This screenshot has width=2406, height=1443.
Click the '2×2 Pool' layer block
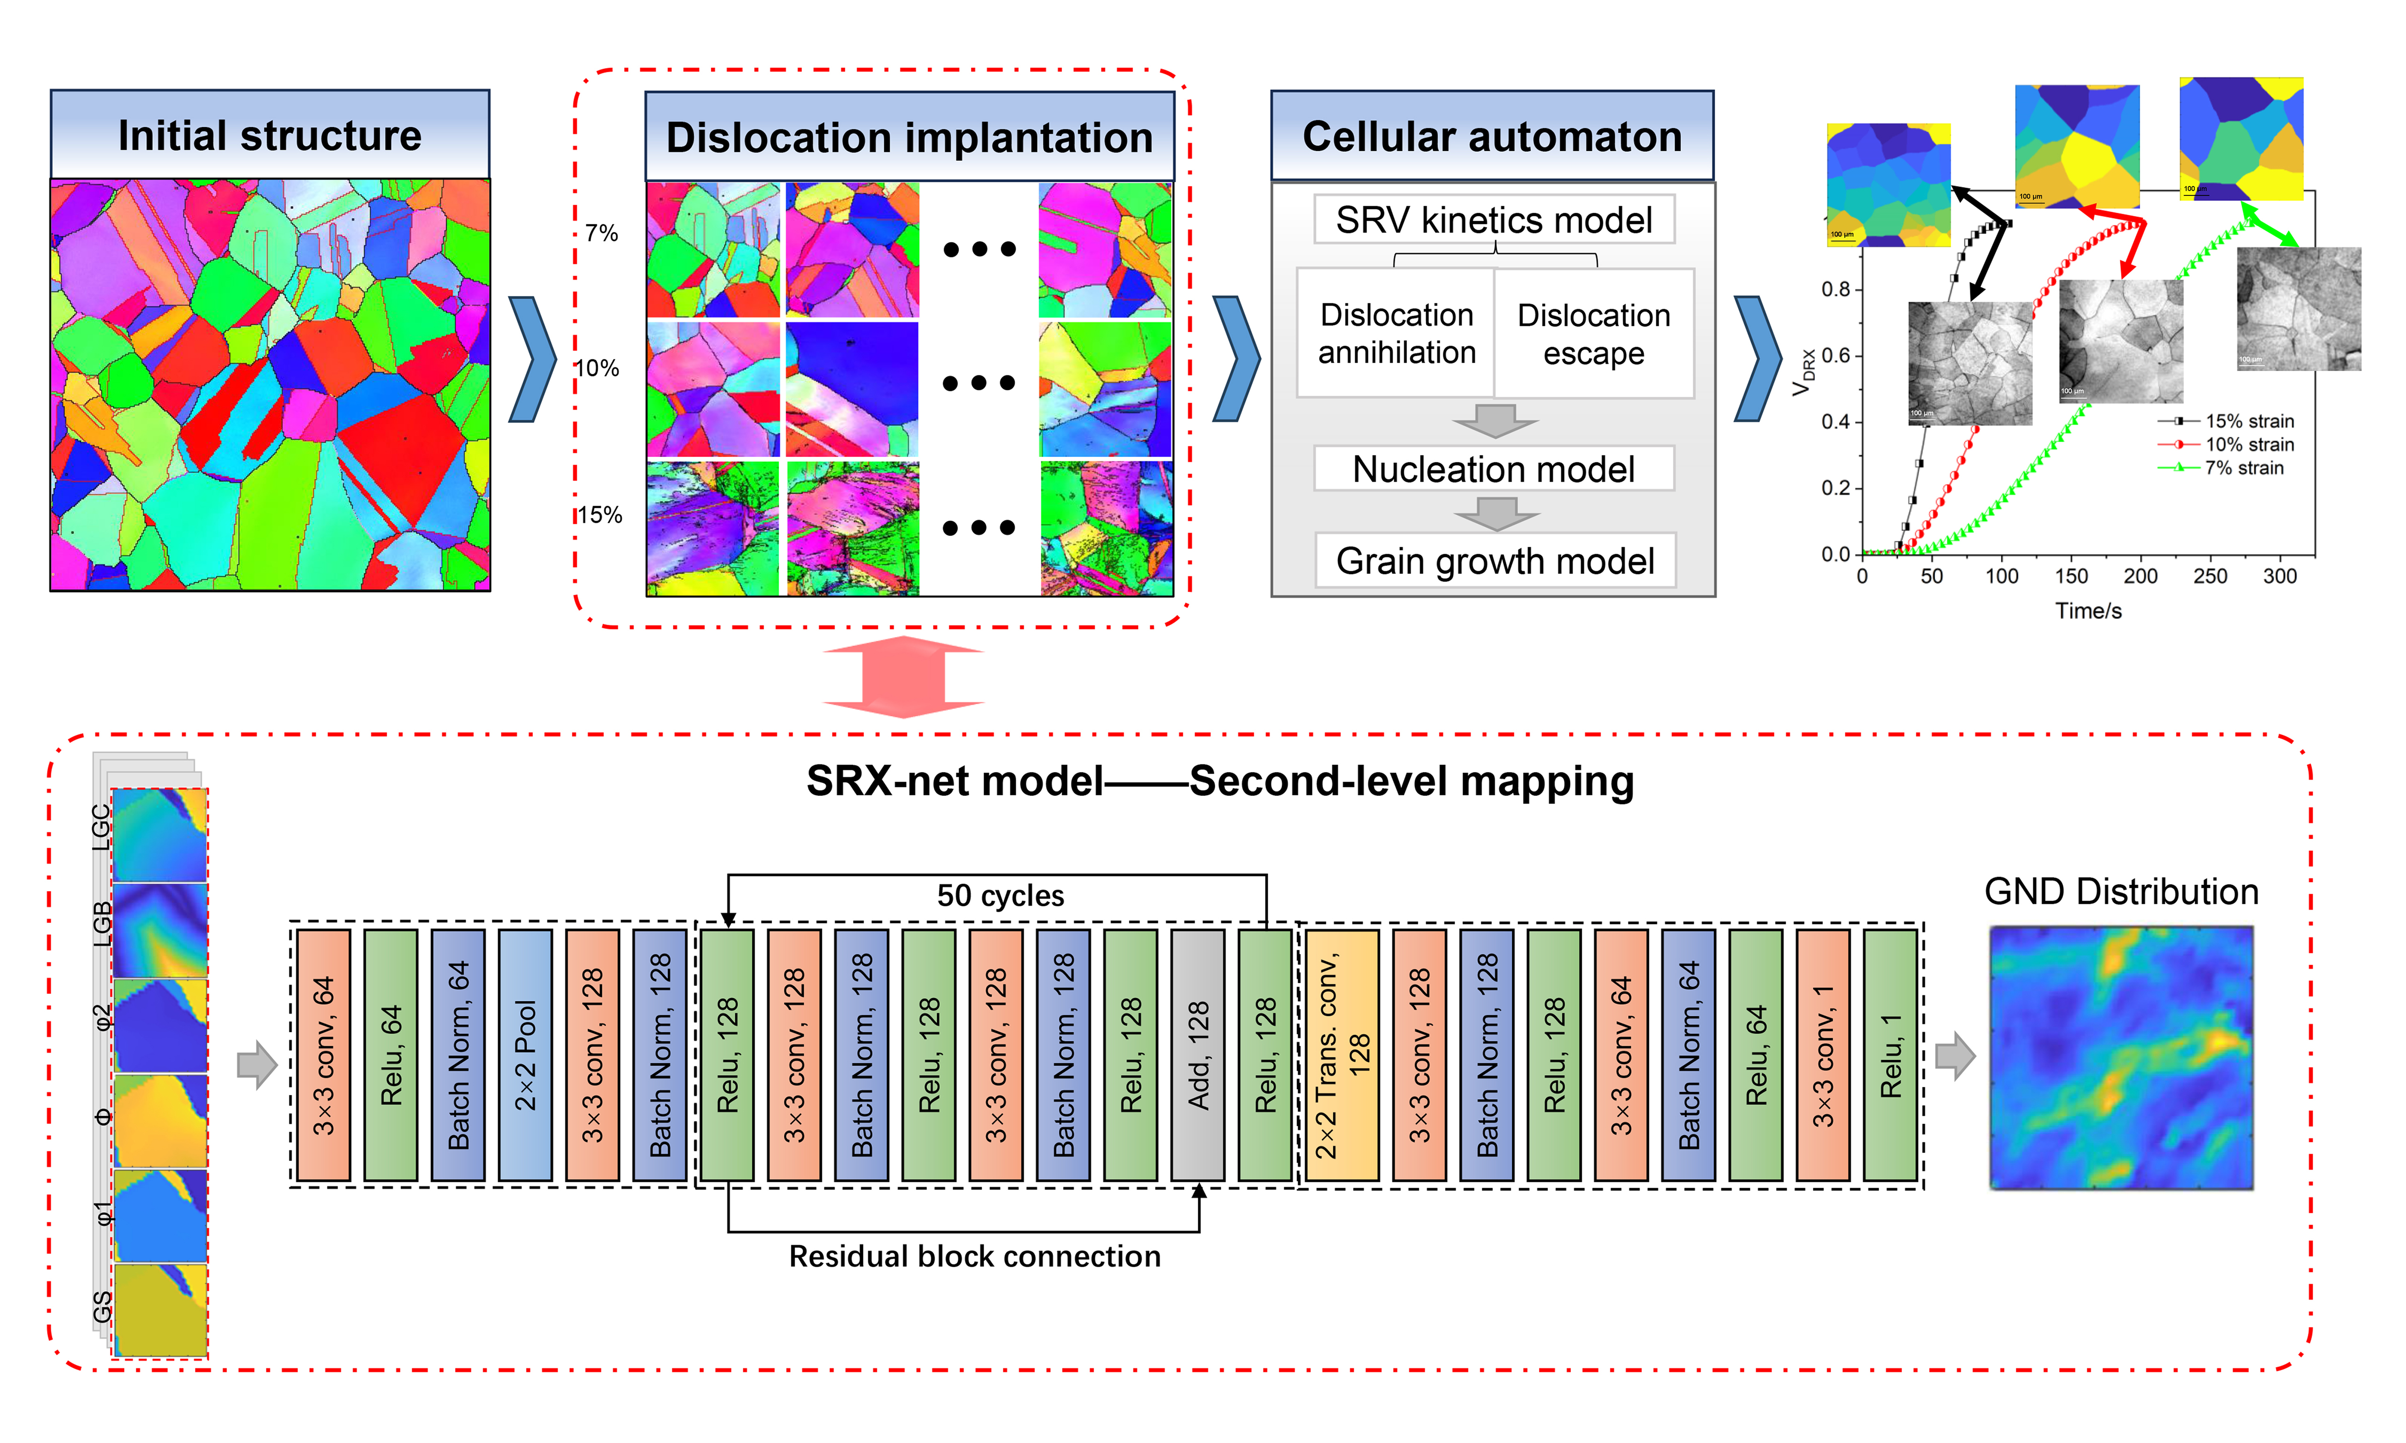pos(525,1055)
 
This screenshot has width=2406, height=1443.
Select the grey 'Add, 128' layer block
pos(1198,1055)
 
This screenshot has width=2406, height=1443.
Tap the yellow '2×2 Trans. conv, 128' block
pos(1342,1055)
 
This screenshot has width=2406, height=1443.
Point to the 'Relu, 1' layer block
pos(1890,1055)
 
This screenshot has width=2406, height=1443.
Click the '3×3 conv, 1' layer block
pos(1822,1055)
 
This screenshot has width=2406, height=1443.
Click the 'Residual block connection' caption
pos(975,1257)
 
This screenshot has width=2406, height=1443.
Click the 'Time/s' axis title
pos(2088,611)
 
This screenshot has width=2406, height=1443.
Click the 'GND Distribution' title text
pos(2121,892)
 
